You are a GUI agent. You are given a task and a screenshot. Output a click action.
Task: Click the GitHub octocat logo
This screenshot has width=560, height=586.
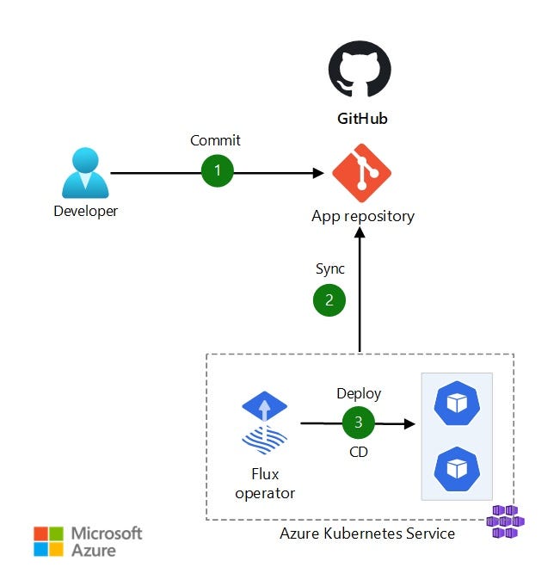point(360,71)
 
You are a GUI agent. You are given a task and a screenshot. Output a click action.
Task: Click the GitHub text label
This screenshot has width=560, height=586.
point(361,119)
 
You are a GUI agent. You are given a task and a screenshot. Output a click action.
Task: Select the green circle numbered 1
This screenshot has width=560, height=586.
point(218,170)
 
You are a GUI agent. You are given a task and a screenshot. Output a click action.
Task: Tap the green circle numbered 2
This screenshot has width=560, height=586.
point(328,299)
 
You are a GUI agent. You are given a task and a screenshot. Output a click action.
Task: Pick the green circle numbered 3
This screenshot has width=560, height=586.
point(359,423)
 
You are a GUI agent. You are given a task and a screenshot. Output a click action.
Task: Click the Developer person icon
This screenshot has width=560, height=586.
point(85,173)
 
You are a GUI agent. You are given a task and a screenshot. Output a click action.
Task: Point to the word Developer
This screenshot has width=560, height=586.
point(85,211)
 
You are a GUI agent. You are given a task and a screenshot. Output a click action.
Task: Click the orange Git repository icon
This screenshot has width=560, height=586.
point(362,173)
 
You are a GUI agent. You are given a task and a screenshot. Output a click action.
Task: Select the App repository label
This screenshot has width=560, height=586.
point(362,216)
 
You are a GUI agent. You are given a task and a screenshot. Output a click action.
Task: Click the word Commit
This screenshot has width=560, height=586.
point(215,140)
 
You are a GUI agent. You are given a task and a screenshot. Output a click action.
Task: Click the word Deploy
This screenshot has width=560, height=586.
point(359,393)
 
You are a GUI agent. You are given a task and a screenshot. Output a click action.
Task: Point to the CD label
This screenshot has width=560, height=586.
point(359,452)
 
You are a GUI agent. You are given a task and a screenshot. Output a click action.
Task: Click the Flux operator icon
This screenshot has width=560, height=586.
point(265,422)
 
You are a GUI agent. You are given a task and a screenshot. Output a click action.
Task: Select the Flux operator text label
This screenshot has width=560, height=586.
point(265,484)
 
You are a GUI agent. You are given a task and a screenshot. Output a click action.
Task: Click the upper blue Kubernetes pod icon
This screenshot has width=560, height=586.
point(456,402)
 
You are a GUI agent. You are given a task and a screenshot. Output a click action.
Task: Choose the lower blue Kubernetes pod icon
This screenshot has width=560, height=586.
point(456,468)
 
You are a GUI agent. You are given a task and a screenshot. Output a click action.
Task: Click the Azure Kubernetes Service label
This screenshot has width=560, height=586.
point(367,534)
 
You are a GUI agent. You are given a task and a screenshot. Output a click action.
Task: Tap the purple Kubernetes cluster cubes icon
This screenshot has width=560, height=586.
point(505,521)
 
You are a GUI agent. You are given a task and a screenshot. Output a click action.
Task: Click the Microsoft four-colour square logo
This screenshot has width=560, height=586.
point(48,541)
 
